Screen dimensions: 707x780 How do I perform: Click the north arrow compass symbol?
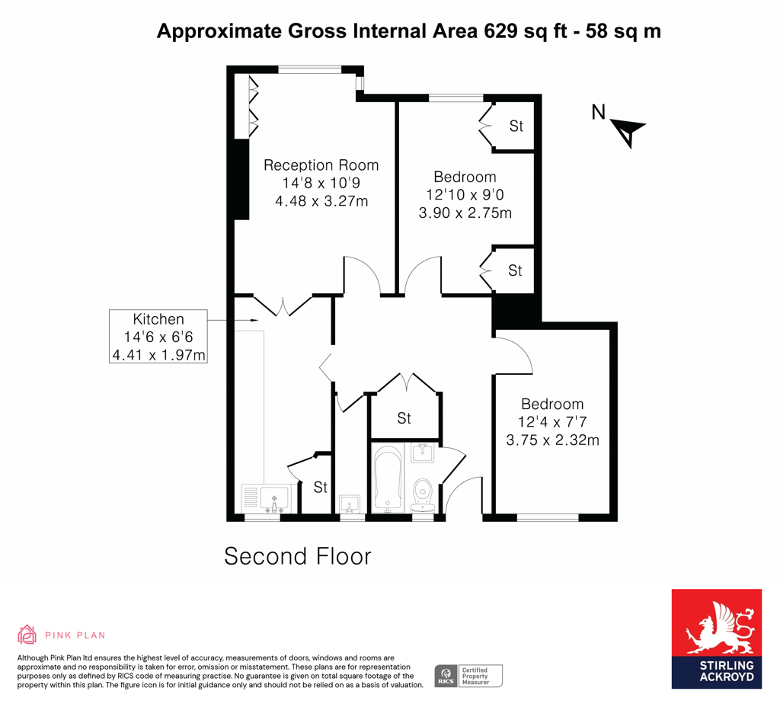(629, 132)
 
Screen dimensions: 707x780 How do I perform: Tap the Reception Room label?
(321, 165)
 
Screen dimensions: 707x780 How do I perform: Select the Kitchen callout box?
(158, 336)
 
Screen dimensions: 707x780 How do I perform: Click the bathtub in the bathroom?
(388, 478)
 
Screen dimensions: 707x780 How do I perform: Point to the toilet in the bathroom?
(422, 495)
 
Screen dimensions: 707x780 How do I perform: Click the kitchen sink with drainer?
(267, 499)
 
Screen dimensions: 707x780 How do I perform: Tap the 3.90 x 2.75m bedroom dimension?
(465, 213)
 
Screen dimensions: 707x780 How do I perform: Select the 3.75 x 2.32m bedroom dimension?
(552, 440)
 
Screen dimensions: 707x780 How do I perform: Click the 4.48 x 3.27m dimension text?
(321, 201)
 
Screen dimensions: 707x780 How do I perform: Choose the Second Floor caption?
(297, 556)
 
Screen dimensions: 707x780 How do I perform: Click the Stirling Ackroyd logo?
(716, 638)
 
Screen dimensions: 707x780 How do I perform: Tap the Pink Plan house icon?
(27, 634)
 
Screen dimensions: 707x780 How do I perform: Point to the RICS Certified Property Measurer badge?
(468, 675)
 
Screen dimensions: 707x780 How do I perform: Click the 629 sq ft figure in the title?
(515, 31)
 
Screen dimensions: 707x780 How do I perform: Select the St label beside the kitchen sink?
(321, 488)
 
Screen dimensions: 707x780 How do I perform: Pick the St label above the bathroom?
(404, 418)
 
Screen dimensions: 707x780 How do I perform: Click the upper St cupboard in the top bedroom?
(516, 126)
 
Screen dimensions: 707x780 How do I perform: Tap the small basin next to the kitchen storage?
(350, 504)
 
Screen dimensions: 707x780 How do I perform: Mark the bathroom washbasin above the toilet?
(421, 454)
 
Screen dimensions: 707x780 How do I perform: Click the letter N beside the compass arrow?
(599, 113)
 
